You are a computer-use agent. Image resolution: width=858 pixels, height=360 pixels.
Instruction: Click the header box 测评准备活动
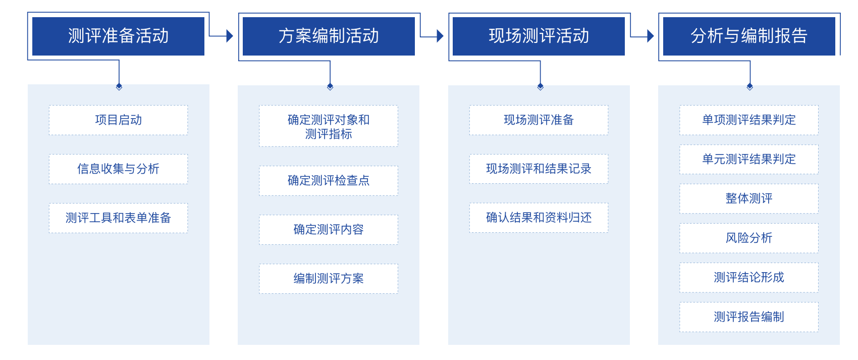tap(118, 36)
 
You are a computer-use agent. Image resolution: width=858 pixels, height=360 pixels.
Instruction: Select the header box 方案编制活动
tap(329, 36)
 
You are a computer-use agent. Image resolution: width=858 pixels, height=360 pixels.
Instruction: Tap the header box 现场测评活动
tap(539, 36)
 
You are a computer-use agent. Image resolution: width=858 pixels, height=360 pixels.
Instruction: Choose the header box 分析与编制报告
tap(749, 36)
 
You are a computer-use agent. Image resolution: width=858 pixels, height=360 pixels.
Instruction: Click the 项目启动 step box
tap(118, 120)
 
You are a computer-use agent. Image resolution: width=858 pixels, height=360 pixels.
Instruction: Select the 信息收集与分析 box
tap(118, 169)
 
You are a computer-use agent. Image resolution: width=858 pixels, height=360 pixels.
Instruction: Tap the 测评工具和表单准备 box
tap(118, 218)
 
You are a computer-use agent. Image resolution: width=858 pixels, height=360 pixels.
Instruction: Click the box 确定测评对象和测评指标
tap(329, 126)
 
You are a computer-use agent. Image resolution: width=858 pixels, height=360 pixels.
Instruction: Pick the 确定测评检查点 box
tap(329, 181)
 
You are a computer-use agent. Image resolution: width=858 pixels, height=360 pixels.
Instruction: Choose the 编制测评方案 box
tap(329, 279)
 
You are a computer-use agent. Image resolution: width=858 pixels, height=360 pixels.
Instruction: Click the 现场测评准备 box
tap(539, 120)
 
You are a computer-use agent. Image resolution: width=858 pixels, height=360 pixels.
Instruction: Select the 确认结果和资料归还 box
tap(539, 218)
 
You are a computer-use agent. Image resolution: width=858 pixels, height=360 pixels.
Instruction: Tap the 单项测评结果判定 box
tap(749, 120)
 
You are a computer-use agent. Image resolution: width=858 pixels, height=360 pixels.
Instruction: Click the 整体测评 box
tap(749, 199)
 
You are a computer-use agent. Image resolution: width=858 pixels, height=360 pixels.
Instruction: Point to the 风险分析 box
tap(749, 238)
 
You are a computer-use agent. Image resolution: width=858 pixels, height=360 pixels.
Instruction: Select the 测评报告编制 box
tap(749, 317)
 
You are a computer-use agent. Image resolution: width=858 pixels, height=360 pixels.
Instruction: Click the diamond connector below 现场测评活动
tap(541, 87)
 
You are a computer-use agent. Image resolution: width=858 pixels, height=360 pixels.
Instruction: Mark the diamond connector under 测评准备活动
tap(119, 87)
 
